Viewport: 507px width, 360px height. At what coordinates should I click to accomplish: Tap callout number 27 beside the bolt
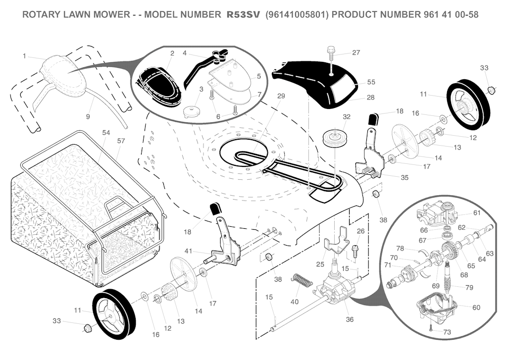(356, 52)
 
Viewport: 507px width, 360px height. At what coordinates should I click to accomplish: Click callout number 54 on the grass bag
(105, 133)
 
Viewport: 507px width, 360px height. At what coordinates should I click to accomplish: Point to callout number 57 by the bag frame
(121, 141)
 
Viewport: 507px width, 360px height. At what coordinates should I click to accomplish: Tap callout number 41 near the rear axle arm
(188, 251)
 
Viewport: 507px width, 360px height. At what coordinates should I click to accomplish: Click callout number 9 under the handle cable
(88, 117)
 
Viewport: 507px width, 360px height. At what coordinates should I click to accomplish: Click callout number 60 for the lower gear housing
(476, 308)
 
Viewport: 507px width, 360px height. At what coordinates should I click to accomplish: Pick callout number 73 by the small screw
(447, 332)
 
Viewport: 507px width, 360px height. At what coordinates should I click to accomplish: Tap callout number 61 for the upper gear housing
(477, 213)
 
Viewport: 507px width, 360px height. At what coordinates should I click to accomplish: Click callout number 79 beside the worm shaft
(469, 288)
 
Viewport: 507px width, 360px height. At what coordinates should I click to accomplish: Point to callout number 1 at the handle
(24, 56)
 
